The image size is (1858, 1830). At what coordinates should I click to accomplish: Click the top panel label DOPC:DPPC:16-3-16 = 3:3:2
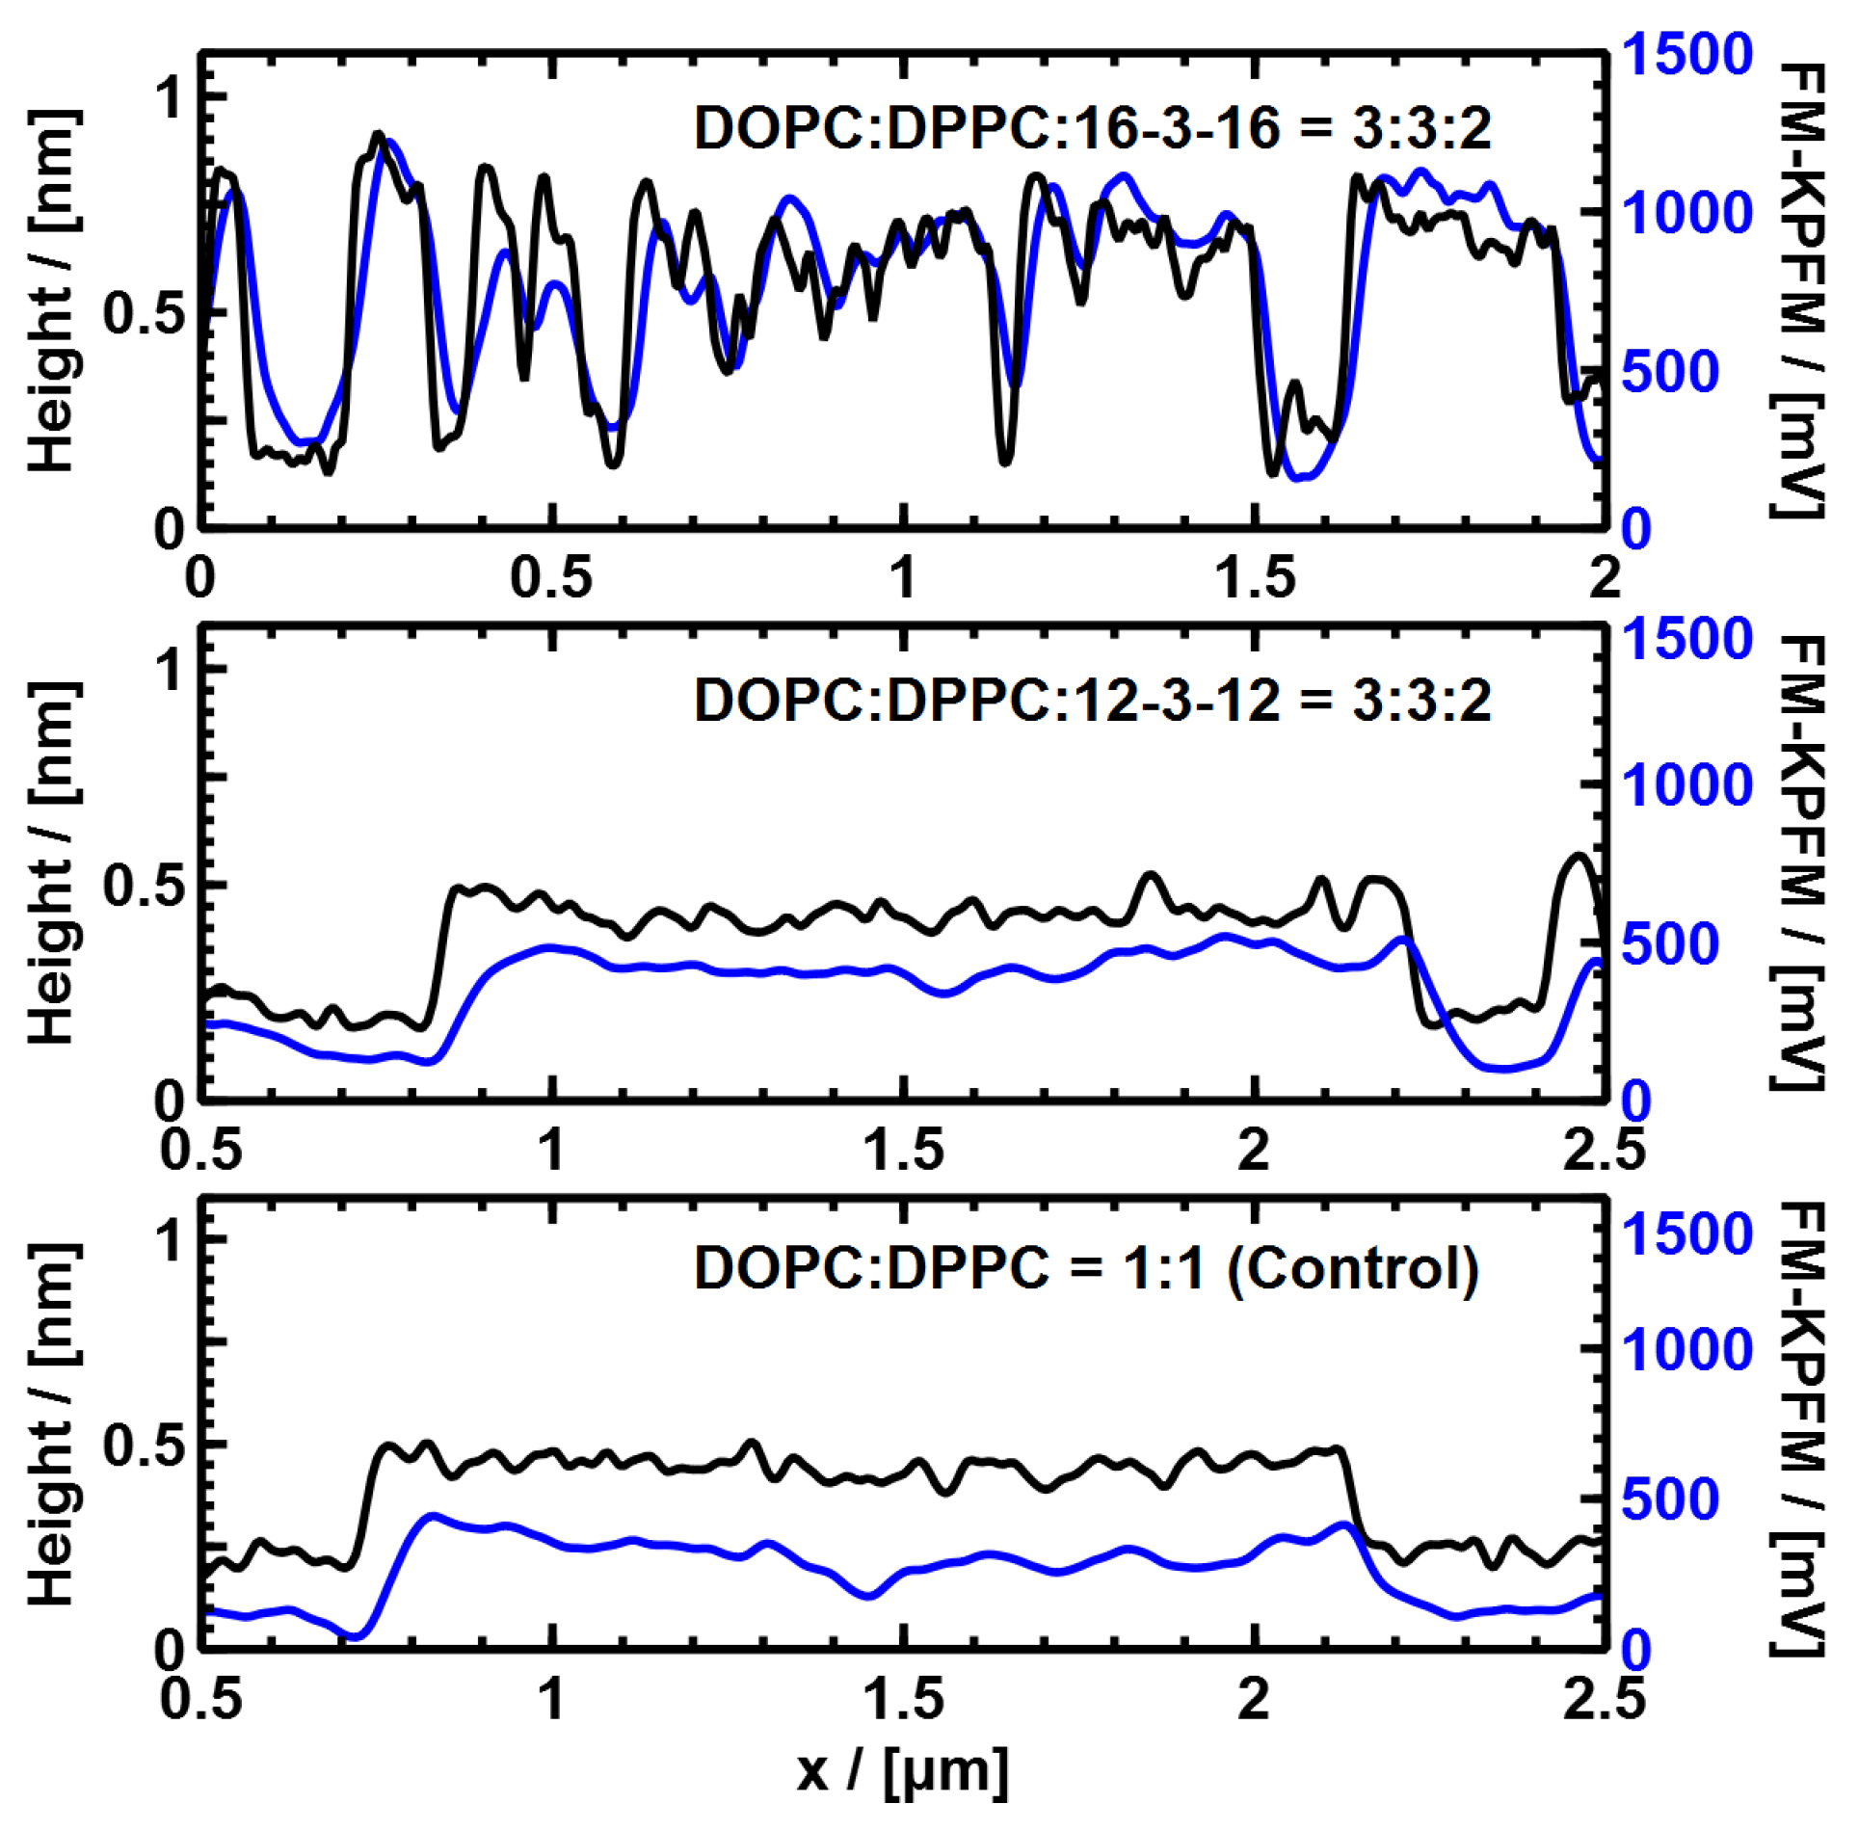coord(1093,128)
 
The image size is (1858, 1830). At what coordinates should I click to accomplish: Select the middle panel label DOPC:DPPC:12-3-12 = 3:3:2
coord(1093,701)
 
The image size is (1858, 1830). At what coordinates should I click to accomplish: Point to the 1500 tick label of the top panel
coord(1685,54)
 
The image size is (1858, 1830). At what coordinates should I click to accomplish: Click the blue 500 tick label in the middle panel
coord(1670,944)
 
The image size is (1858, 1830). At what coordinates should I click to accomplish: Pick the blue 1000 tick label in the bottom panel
coord(1685,1349)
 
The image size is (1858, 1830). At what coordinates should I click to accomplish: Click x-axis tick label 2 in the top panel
coord(1605,578)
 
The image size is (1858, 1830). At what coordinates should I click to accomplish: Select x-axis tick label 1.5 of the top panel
coord(1255,578)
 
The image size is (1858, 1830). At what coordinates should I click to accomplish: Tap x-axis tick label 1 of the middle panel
coord(551,1150)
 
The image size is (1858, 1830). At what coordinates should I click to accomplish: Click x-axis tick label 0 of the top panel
coord(200,578)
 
